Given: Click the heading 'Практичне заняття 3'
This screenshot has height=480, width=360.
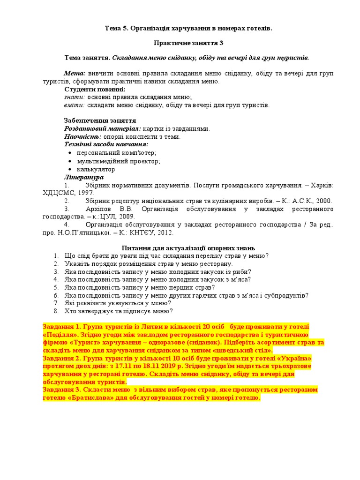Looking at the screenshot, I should tap(189, 43).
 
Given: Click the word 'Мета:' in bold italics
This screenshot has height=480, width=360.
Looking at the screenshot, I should tap(75, 74).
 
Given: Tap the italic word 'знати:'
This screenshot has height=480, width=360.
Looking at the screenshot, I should tap(75, 97).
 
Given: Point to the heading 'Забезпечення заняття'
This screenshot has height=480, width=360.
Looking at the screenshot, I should tap(100, 120).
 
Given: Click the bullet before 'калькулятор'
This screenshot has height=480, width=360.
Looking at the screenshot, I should tap(70, 169).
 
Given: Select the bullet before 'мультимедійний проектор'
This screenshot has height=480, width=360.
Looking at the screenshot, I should tap(70, 161).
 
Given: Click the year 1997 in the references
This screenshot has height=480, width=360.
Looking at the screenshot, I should tap(86, 193).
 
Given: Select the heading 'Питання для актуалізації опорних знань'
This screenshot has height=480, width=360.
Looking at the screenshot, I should tap(188, 247).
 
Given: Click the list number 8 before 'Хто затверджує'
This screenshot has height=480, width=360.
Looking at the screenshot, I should tap(55, 311).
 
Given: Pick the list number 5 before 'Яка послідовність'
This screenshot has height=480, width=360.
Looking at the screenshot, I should tap(55, 287).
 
